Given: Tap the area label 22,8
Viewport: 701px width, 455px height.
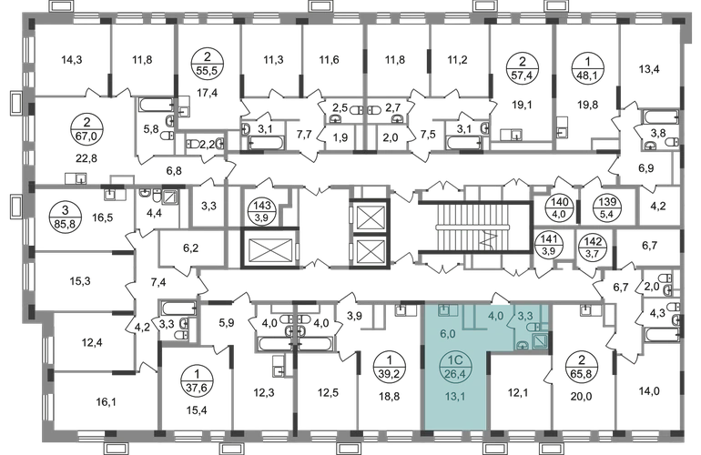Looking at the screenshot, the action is coord(86,158).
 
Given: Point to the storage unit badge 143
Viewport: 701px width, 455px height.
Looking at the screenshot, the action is coord(262,211).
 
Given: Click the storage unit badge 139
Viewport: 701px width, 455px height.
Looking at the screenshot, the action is coord(607,207).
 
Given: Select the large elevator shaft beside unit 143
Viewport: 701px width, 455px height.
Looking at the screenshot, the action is coord(269,248).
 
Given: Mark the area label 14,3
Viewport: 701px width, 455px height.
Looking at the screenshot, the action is coord(72,59).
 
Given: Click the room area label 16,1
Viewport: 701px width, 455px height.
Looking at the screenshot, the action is coord(106,402).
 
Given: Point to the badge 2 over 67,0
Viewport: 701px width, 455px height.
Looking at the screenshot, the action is coord(86,128).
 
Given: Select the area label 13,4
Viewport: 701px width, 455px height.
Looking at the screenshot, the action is coord(649,69).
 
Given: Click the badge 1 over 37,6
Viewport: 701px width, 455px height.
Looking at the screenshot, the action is coord(198,380).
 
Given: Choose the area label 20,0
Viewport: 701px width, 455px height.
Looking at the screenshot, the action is coord(582,396).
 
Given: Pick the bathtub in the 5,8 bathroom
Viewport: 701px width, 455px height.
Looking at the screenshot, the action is coord(156,105).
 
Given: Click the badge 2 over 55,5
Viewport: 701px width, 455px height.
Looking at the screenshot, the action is coord(208,64).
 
